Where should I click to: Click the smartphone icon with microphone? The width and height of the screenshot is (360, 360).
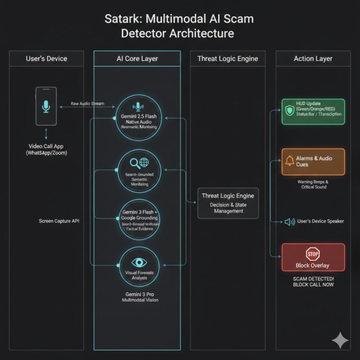tap(46, 106)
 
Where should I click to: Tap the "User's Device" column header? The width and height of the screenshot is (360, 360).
tap(46, 58)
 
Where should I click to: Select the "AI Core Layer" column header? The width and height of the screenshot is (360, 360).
tap(137, 58)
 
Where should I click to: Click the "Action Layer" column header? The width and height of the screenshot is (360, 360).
tap(313, 58)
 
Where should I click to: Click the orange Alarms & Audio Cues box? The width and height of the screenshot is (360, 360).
tap(312, 161)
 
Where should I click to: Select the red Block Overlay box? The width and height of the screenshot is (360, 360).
tap(312, 256)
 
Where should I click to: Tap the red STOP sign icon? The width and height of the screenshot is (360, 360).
tap(312, 253)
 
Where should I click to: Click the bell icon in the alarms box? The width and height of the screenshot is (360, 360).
tap(290, 161)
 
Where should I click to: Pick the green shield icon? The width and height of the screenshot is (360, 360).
tap(290, 111)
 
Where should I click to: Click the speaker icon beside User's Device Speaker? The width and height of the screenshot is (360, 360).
tap(290, 222)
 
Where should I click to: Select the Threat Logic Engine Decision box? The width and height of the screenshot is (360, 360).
tap(227, 202)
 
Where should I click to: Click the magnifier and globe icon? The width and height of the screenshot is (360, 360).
tap(138, 163)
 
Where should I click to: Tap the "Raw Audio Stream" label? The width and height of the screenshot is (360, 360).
tap(87, 103)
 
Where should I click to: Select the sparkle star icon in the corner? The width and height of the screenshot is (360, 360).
tap(340, 340)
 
